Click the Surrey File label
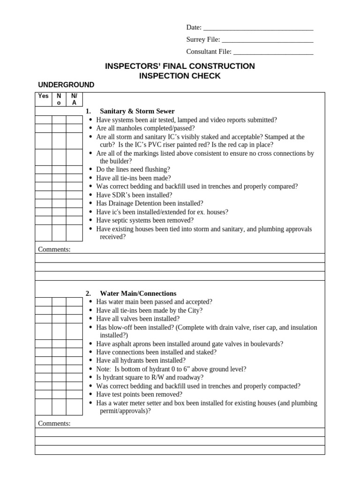pos(203,40)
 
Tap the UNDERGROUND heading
pos(66,85)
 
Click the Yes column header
pos(43,96)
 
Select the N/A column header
pos(74,99)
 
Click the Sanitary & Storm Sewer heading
pos(137,111)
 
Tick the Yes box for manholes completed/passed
pos(43,128)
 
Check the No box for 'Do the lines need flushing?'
pos(59,169)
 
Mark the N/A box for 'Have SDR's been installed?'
pos(74,195)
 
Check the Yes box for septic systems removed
pos(43,220)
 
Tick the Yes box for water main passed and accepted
pos(43,302)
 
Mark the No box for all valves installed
pos(59,319)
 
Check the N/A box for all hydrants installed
pos(74,360)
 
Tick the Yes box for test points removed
pos(43,394)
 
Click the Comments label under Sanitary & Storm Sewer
pos(54,249)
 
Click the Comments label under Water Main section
pos(54,424)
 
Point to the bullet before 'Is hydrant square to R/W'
pos(90,377)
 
